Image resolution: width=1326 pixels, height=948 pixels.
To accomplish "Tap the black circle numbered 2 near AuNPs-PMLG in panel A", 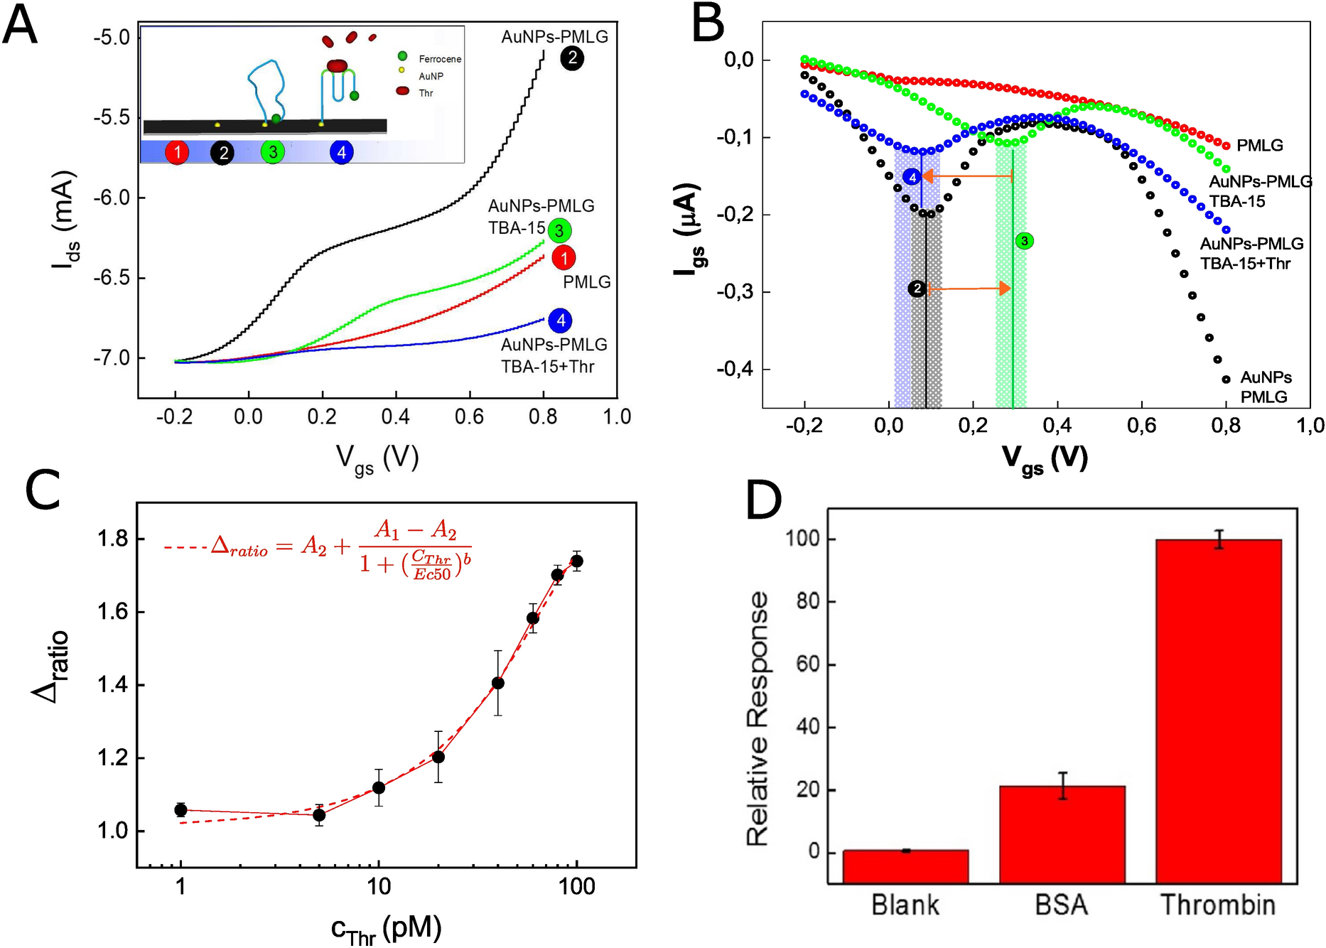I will click(571, 58).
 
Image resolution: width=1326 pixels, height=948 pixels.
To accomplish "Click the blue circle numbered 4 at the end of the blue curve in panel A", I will click(561, 321).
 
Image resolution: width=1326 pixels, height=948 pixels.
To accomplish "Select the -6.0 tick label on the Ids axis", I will click(112, 198).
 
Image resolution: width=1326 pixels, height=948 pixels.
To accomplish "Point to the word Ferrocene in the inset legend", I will click(440, 59).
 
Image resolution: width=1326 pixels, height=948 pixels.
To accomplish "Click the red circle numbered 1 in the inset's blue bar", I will click(177, 152).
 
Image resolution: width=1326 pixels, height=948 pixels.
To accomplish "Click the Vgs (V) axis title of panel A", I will click(377, 458).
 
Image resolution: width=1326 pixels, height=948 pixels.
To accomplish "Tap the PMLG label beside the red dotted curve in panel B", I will click(1259, 146).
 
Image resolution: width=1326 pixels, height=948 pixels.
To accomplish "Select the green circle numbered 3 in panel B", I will click(1024, 241).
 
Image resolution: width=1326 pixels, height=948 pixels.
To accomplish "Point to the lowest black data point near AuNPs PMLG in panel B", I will click(1226, 379).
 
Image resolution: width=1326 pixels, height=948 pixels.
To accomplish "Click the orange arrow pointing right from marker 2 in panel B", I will click(971, 288).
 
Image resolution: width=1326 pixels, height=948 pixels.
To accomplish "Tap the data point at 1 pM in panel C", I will click(180, 810).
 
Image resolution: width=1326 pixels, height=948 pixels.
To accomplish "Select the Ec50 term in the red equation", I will click(432, 575).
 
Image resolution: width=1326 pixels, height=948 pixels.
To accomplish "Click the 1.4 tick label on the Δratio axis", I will click(112, 685).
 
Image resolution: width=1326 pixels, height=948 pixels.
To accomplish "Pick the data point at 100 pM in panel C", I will click(577, 561).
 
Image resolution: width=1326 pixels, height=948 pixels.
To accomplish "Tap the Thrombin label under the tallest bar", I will click(1218, 905).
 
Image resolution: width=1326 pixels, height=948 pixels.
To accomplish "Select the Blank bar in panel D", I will click(905, 866).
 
